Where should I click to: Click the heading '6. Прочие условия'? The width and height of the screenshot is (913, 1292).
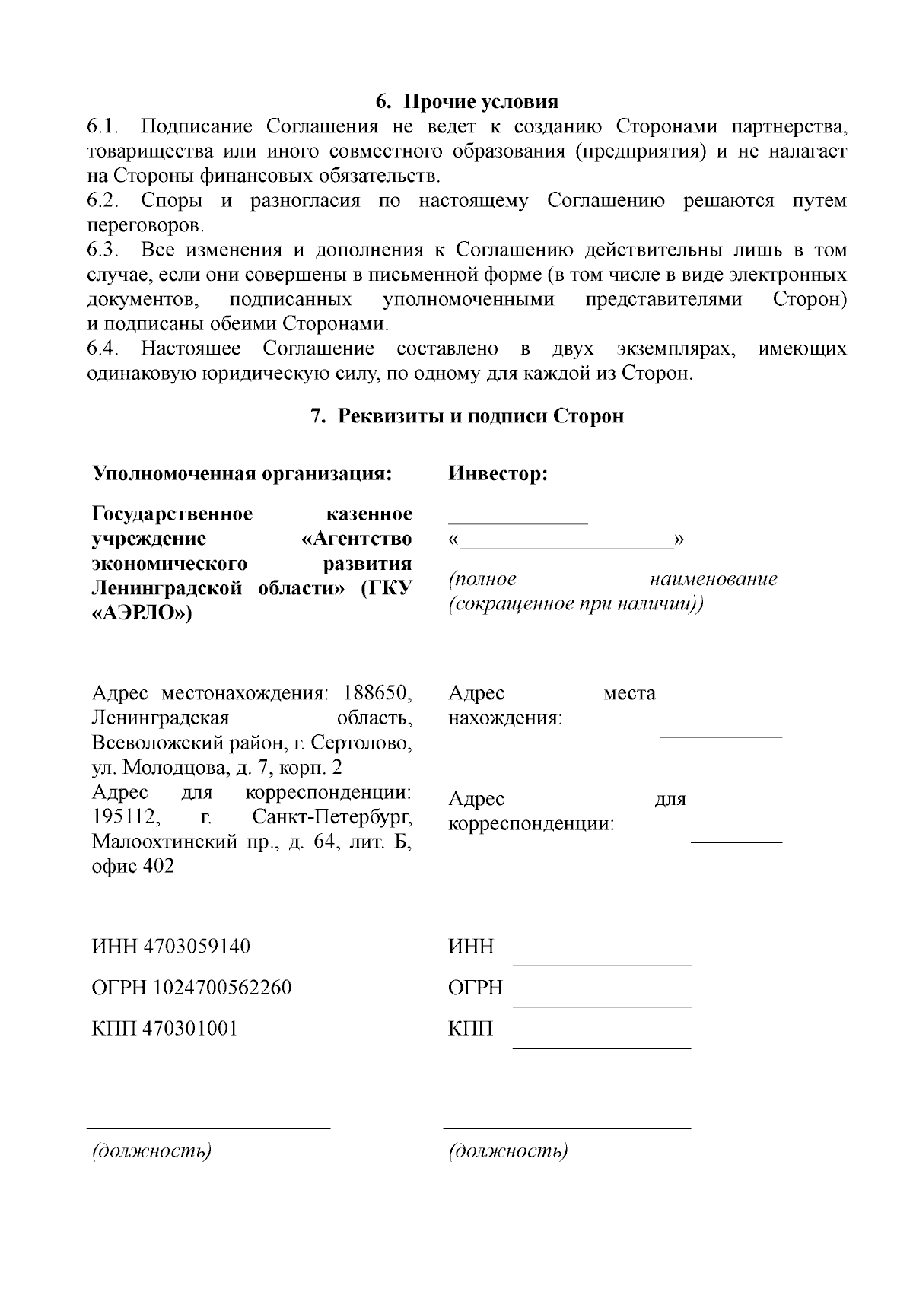click(467, 101)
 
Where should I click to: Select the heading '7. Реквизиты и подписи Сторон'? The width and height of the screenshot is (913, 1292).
click(467, 416)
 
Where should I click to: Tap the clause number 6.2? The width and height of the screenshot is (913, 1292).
click(104, 201)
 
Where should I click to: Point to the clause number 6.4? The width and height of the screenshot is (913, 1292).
click(104, 348)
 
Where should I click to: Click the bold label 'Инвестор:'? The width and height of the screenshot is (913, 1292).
click(498, 473)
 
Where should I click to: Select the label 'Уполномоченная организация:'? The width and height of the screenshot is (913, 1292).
click(242, 473)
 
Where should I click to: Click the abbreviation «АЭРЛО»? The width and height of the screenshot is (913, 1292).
click(142, 613)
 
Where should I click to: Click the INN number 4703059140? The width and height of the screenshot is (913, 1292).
click(202, 947)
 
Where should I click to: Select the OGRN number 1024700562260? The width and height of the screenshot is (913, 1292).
click(222, 988)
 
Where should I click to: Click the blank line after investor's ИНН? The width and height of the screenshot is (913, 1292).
click(602, 964)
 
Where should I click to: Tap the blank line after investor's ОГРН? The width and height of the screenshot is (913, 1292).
click(602, 1005)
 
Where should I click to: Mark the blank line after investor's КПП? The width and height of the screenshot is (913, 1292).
click(602, 1046)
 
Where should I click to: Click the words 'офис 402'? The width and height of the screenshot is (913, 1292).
click(133, 866)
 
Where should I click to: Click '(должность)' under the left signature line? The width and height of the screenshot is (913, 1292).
click(151, 1150)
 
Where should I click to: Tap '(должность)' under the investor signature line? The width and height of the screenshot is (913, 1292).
click(508, 1150)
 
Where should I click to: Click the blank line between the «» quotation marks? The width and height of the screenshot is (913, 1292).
click(567, 546)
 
